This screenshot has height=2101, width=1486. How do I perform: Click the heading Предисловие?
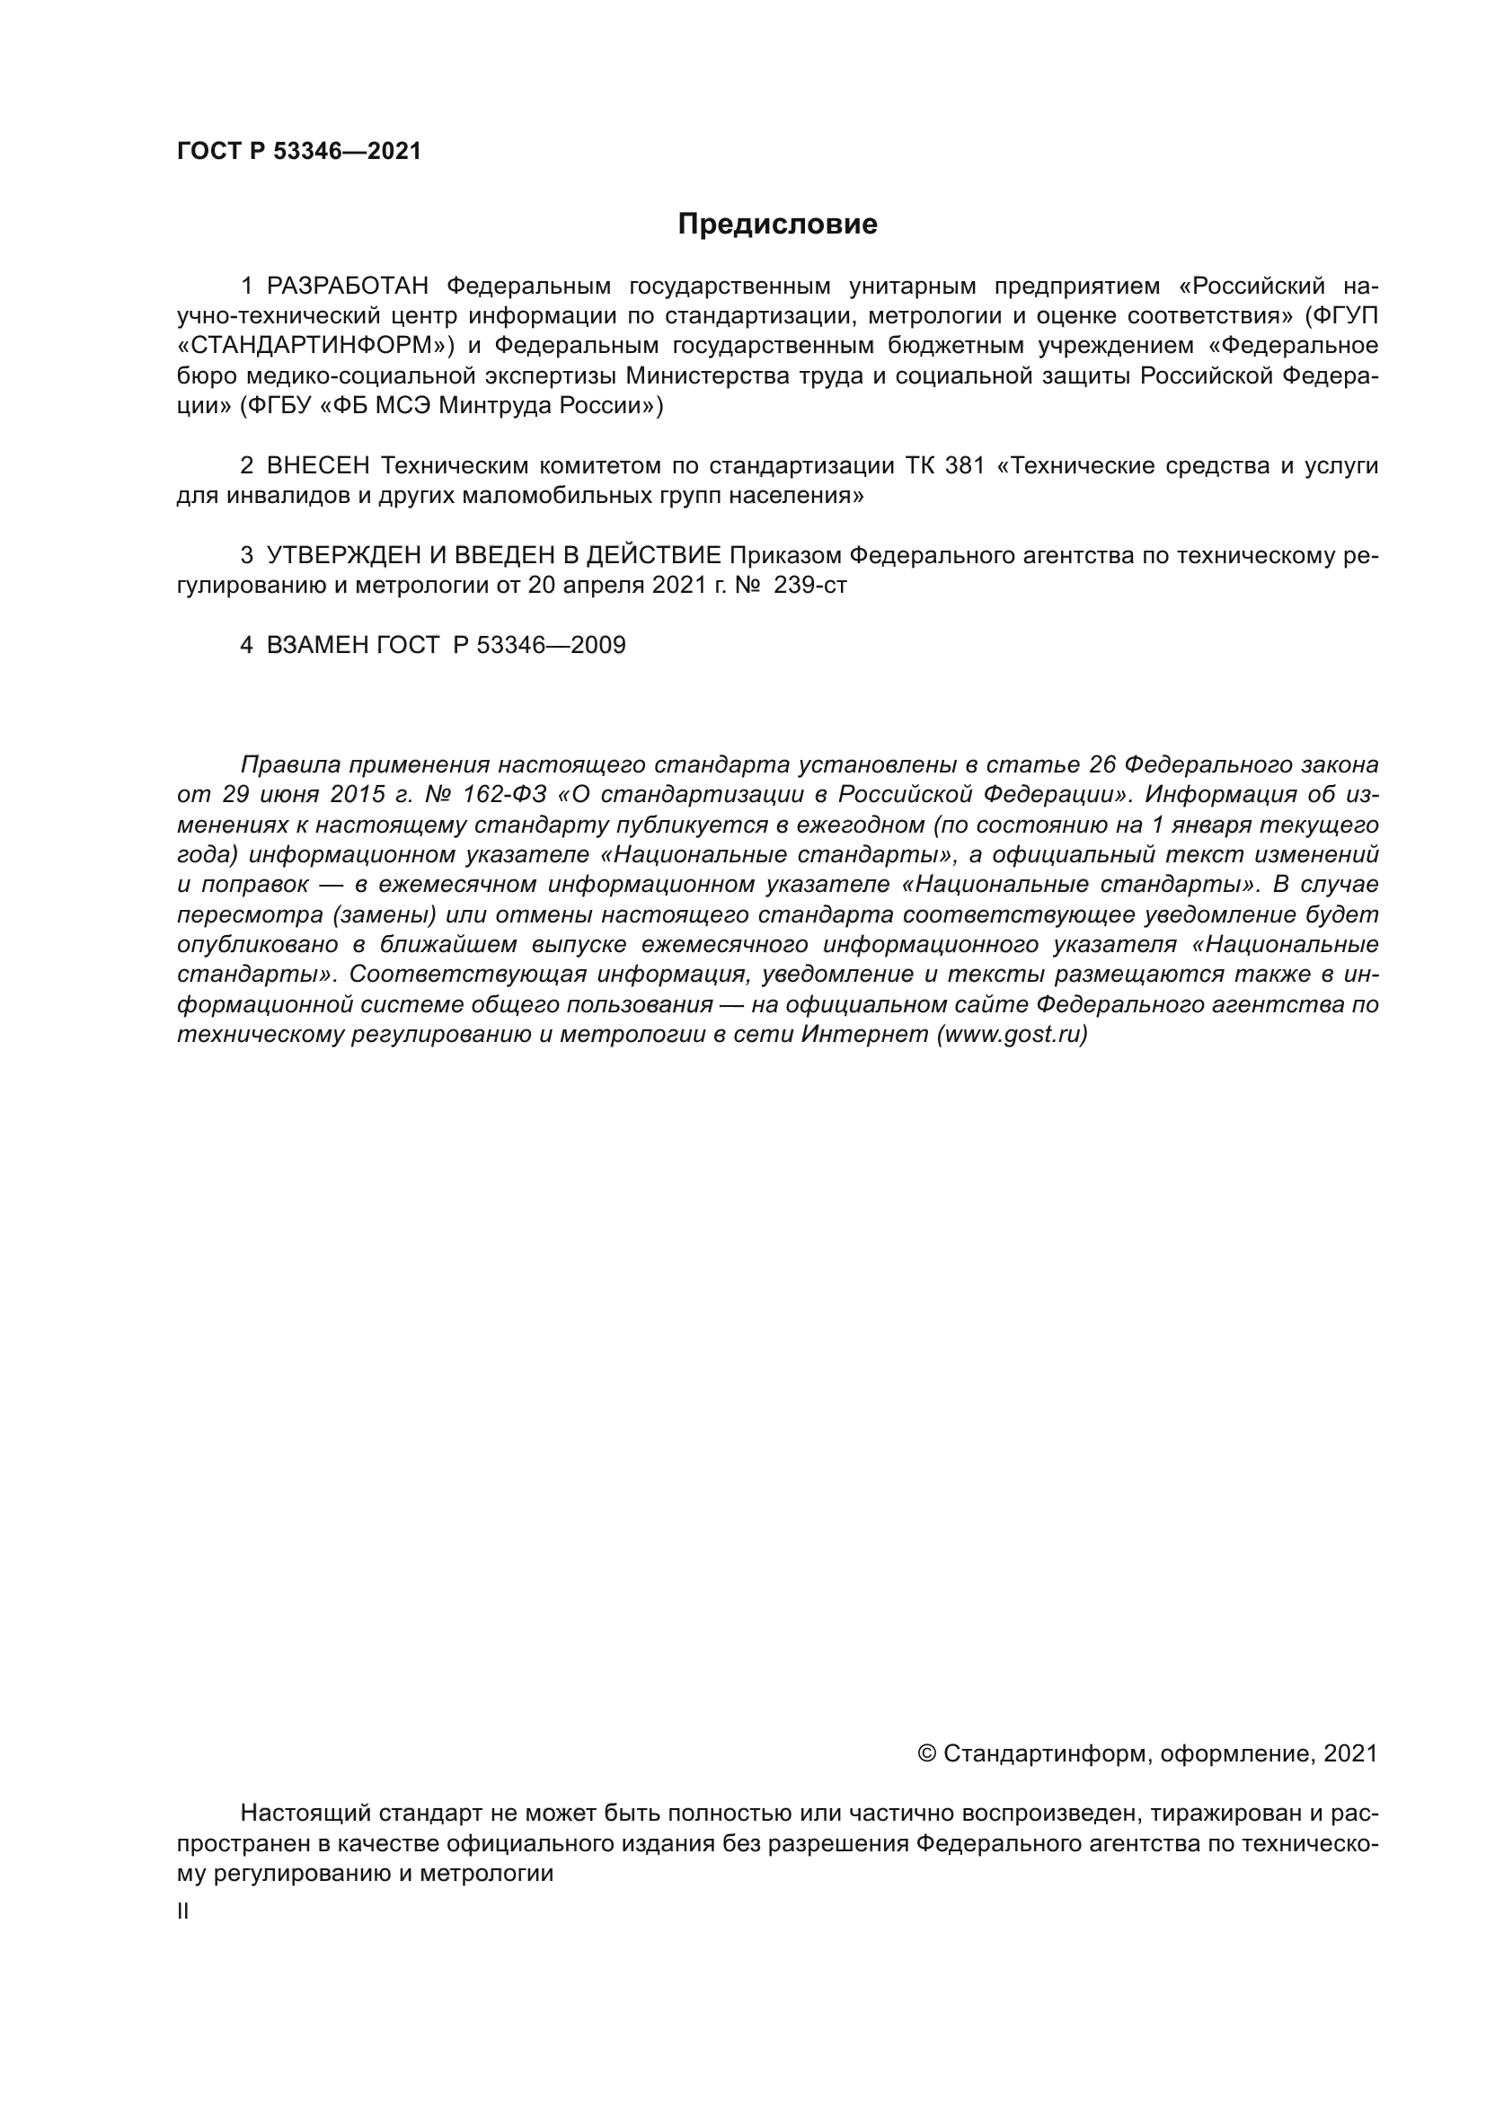(x=777, y=225)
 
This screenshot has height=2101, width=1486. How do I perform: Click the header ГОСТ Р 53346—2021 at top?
(x=299, y=152)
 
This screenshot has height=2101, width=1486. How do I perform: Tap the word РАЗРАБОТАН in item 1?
(x=348, y=287)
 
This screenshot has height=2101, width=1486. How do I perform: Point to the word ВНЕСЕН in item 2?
(x=318, y=466)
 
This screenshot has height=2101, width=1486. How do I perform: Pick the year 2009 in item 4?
(x=597, y=645)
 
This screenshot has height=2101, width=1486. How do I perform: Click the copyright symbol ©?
(x=926, y=1753)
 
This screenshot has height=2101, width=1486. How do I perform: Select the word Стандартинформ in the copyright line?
(x=1044, y=1753)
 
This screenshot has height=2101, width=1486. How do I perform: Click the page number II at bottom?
(x=183, y=1911)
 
